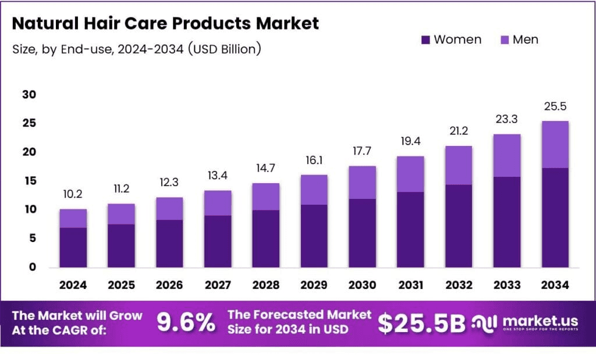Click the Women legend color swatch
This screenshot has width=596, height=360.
coord(425,40)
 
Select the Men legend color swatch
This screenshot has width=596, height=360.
coord(504,40)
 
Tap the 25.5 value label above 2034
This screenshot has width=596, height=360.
coord(554,106)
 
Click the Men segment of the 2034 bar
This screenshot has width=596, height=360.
coord(554,145)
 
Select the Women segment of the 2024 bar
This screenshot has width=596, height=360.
coord(73,247)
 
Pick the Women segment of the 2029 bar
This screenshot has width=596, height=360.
coord(314,236)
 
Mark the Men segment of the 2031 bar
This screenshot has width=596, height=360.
coord(410,174)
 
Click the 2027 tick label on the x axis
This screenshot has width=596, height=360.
coord(217,286)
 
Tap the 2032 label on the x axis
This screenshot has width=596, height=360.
coord(458,286)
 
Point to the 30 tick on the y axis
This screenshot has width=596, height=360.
coord(29,95)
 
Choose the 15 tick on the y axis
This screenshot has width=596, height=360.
coord(29,181)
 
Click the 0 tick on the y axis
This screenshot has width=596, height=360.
coord(33,268)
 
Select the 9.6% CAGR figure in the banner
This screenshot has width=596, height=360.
coord(186,323)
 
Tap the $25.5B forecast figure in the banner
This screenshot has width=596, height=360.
coord(421,323)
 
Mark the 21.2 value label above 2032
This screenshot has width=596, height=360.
coord(458,131)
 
